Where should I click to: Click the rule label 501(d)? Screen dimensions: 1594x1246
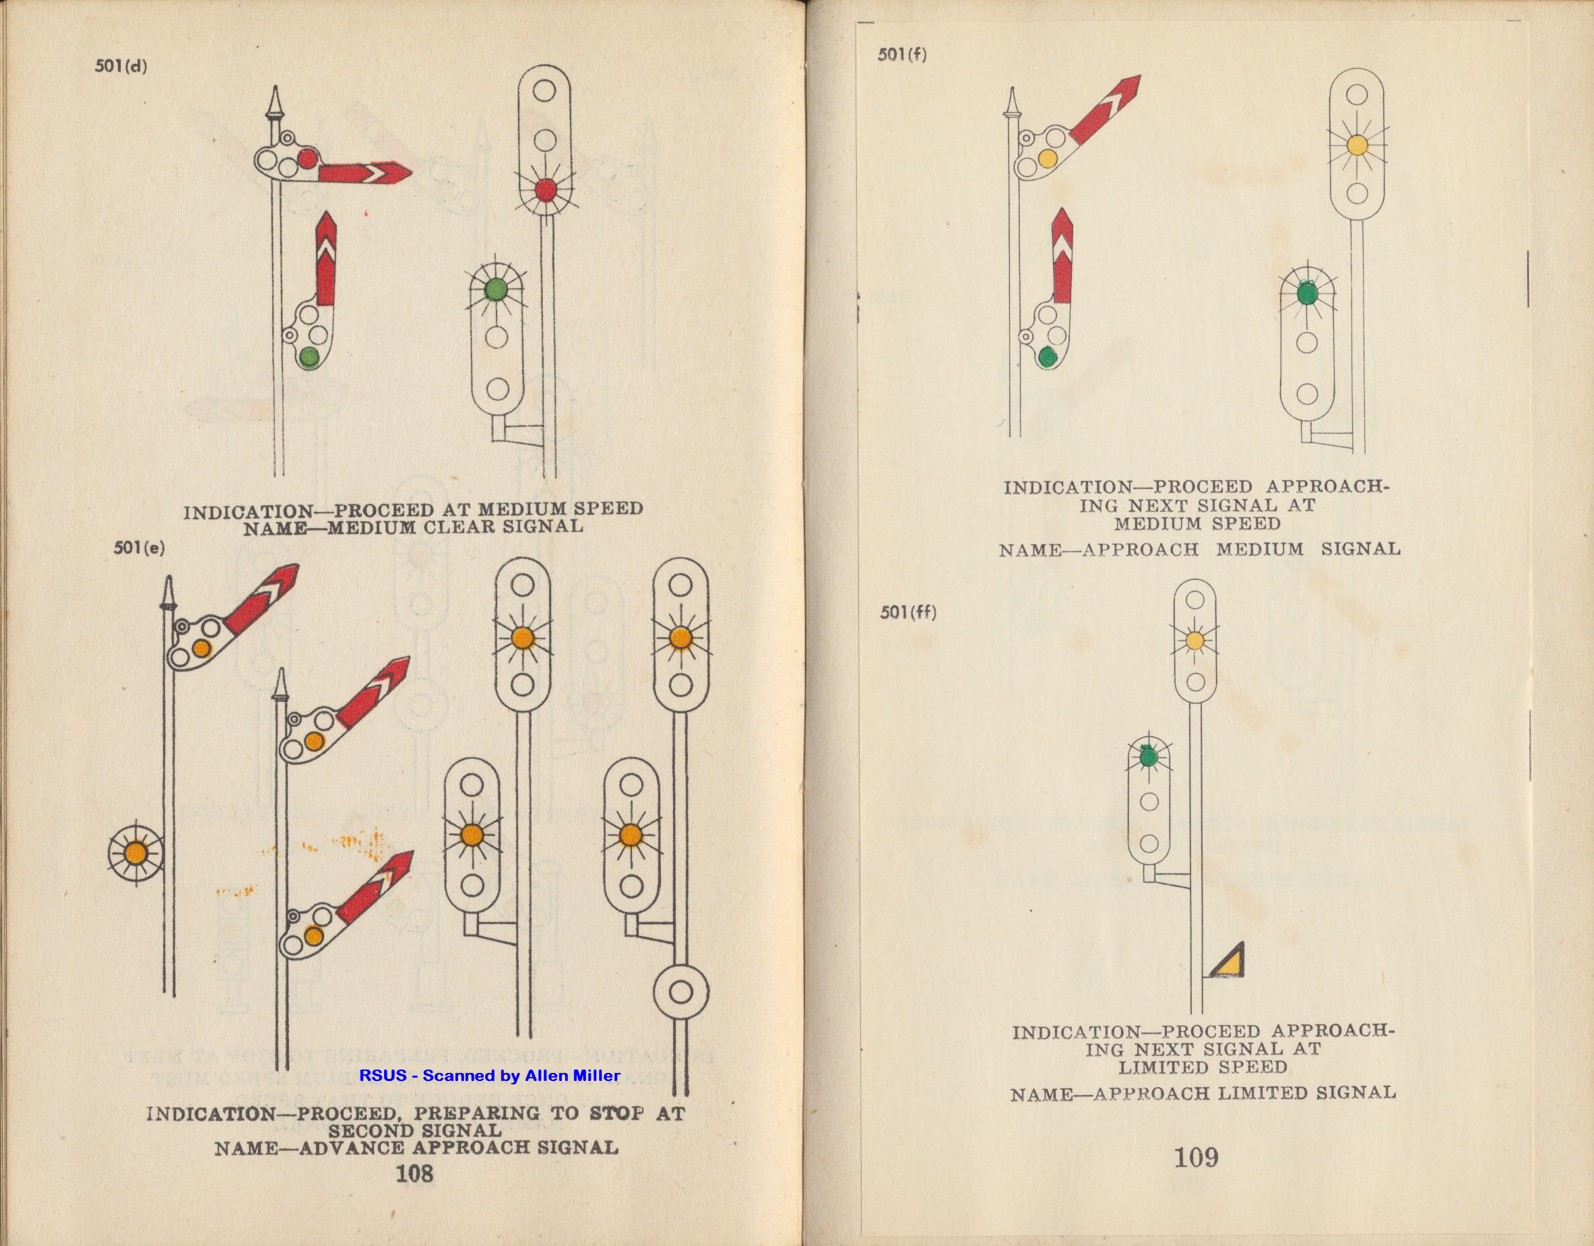tap(121, 67)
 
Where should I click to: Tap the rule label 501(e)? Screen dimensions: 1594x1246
tap(139, 548)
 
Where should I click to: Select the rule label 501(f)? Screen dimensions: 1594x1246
tap(902, 55)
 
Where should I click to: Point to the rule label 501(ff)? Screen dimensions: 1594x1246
tap(907, 612)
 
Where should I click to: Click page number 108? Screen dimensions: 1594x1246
tap(414, 1174)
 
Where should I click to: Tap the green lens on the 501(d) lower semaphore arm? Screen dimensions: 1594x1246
tap(308, 357)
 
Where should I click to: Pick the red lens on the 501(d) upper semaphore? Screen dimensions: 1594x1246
tap(307, 158)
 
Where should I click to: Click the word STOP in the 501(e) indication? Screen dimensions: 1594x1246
tap(616, 1114)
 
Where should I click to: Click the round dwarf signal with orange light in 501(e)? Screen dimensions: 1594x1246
tap(137, 853)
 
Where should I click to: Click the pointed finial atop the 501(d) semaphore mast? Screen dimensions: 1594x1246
tap(275, 103)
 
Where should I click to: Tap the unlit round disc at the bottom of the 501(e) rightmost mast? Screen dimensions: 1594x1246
tap(681, 992)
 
